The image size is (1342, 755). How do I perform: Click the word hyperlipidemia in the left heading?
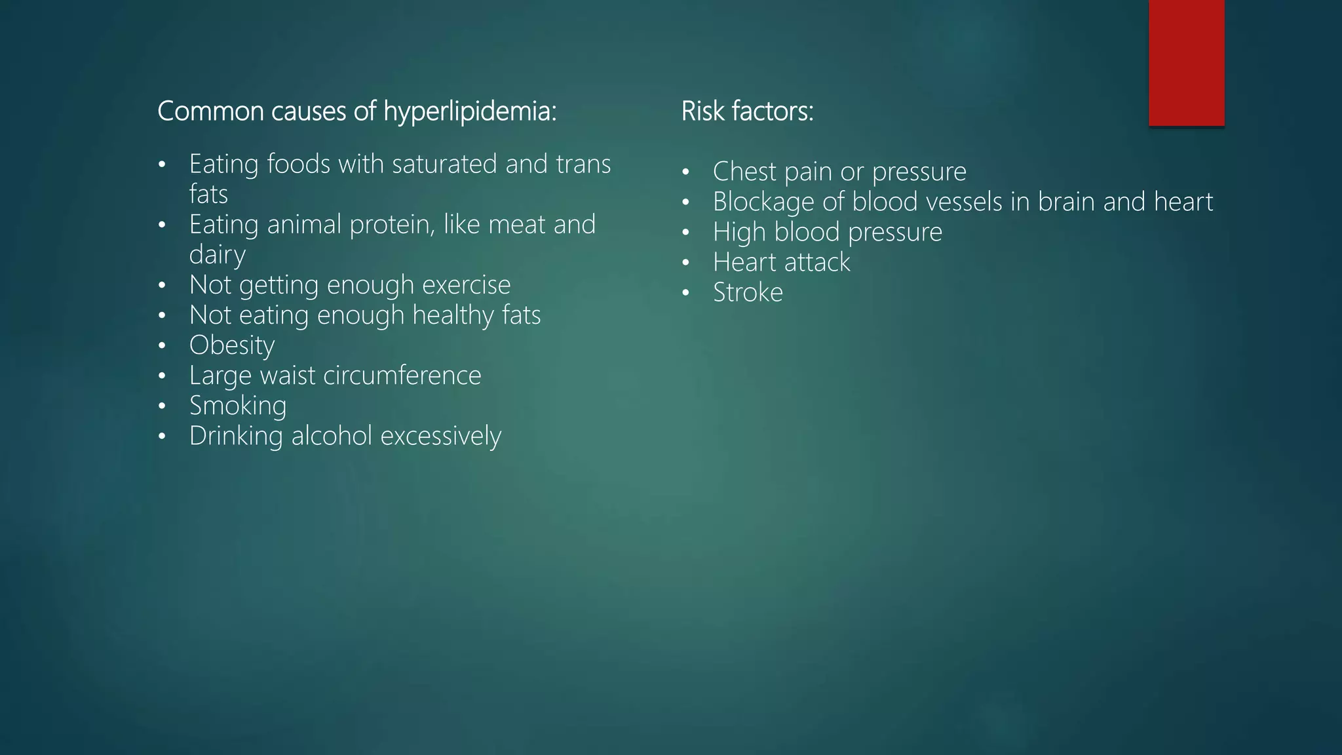[469, 111]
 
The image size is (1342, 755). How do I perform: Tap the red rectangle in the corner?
[1186, 62]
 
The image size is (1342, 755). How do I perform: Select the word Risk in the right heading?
[702, 111]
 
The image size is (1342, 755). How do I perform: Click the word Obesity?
[232, 345]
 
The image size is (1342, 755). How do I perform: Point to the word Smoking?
[238, 406]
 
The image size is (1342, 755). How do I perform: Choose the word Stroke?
[748, 292]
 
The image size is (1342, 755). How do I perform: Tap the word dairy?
[217, 254]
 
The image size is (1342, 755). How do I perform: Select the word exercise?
[466, 285]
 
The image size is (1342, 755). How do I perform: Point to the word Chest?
[744, 172]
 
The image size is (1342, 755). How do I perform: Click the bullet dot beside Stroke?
[685, 293]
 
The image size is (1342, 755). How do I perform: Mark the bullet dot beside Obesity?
[162, 346]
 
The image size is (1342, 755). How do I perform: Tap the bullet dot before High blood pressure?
[685, 233]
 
